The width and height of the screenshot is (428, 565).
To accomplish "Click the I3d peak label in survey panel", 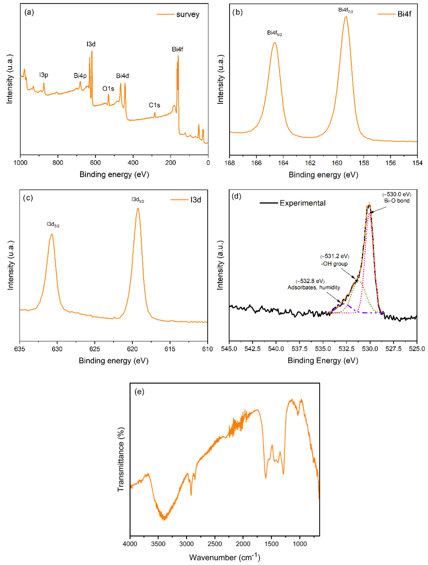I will tap(91, 44).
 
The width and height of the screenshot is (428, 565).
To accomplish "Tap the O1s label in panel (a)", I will tap(108, 89).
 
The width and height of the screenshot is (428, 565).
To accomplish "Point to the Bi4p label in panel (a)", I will tap(80, 76).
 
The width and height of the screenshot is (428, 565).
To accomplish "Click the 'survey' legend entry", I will tap(188, 14).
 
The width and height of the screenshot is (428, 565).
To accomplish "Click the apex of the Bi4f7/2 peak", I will tap(346, 17).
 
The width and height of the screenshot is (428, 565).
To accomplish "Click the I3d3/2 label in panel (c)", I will tap(53, 224).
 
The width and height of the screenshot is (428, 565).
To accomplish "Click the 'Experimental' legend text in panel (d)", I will tap(303, 203).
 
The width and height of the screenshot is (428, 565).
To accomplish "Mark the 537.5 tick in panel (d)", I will tap(299, 349).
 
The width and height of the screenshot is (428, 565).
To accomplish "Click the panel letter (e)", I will tap(139, 392).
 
